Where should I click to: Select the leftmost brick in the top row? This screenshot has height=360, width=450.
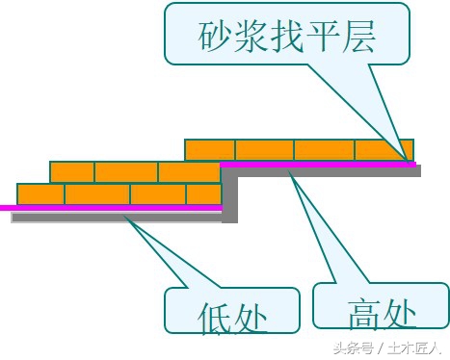(209, 149)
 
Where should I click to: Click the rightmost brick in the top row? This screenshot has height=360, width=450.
(384, 149)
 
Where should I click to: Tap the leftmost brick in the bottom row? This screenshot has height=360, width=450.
(40, 193)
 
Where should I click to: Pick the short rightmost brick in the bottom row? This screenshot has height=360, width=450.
(204, 193)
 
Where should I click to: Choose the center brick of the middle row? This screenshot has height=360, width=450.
(125, 171)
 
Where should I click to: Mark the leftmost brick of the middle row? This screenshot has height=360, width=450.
(71, 171)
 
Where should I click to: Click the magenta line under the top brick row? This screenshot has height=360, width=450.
(318, 165)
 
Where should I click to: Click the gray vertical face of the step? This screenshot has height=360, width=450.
(230, 197)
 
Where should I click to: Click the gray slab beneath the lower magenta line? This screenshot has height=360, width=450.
(116, 218)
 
